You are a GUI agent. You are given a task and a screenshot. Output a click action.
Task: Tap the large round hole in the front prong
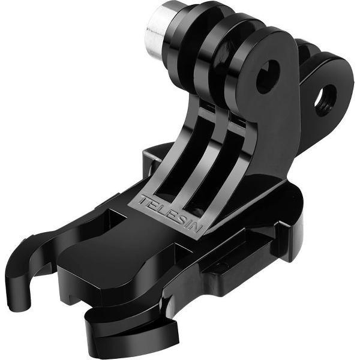coord(268,77)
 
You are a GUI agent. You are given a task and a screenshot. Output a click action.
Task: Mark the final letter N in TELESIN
coord(197,229)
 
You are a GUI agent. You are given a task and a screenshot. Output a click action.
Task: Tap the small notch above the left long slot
coord(208,105)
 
